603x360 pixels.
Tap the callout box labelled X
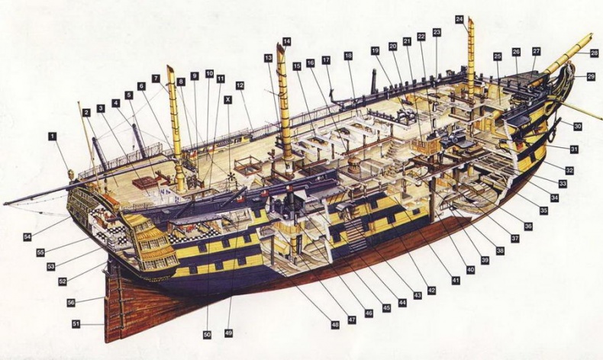point(227,99)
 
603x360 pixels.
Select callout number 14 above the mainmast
point(286,40)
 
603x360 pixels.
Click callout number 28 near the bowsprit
point(594,53)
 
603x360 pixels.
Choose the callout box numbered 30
point(578,127)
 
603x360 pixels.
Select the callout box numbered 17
point(326,59)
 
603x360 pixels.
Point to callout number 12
point(240,85)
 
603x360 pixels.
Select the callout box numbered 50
point(206,334)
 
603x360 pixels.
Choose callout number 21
point(407,41)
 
